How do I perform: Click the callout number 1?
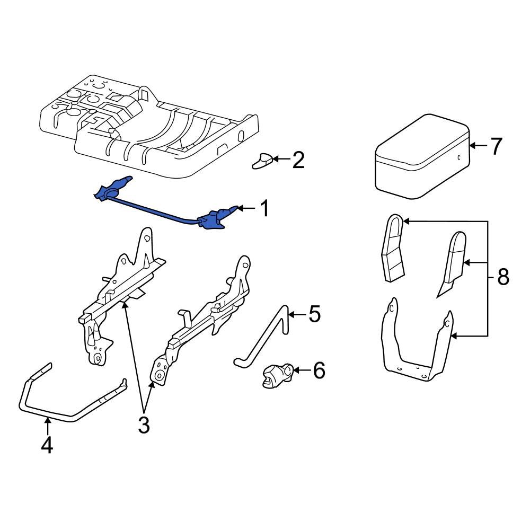point(263,209)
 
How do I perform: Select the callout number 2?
point(298,160)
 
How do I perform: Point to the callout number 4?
point(47,445)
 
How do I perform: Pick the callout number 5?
point(314,315)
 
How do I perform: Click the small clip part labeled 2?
point(262,161)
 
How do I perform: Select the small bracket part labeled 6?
point(277,375)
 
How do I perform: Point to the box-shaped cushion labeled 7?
point(421,159)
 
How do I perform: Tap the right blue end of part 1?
point(215,219)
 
